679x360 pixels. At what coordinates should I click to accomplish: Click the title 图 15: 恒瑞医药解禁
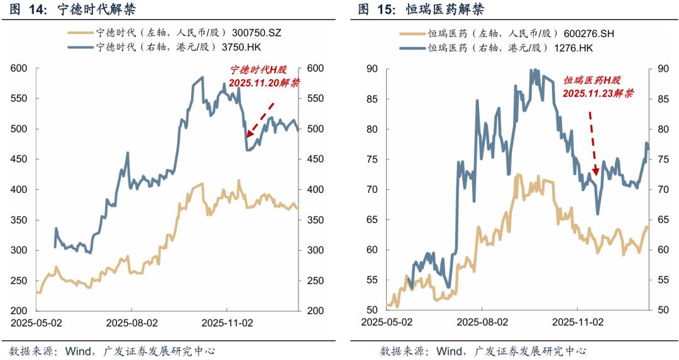(421, 10)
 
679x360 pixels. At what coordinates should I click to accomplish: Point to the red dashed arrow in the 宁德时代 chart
(260, 119)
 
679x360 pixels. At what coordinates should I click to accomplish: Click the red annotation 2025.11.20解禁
(265, 83)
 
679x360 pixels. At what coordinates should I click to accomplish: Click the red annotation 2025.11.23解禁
(598, 93)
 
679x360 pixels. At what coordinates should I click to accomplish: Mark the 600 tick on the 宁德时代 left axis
(18, 68)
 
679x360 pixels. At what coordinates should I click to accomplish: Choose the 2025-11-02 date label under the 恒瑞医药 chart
(577, 322)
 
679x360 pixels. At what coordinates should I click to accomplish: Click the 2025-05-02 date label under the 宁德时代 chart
(35, 322)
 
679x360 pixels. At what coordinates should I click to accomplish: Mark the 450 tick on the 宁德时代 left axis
(18, 160)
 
